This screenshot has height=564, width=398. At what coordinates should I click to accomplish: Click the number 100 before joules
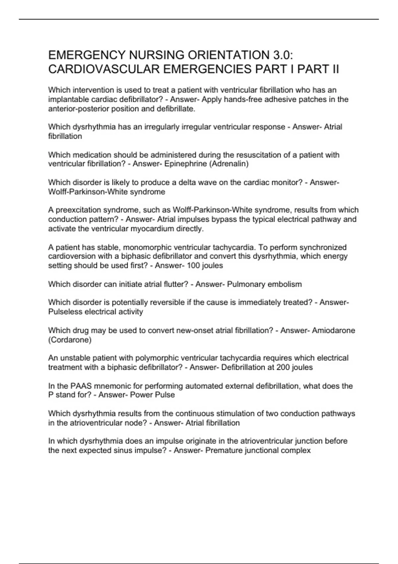point(194,266)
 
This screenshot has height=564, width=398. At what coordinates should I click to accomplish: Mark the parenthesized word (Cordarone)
point(70,340)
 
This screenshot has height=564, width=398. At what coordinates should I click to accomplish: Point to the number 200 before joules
point(283,368)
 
